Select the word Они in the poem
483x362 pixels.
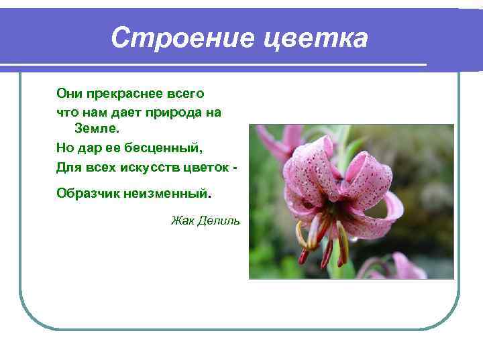pyautogui.click(x=68, y=94)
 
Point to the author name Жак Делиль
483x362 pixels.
pyautogui.click(x=205, y=221)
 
